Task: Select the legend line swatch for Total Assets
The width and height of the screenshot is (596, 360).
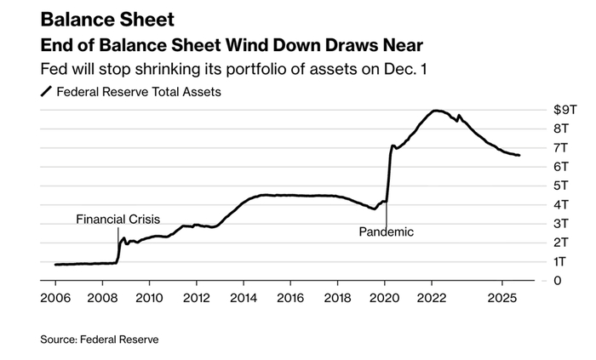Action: [x=46, y=92]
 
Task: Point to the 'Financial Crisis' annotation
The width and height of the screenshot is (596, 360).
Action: [x=117, y=219]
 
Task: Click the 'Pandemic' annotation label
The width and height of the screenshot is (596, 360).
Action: [x=386, y=231]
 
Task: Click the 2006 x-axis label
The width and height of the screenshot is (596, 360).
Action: [x=54, y=299]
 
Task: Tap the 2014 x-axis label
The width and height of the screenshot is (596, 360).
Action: [x=244, y=299]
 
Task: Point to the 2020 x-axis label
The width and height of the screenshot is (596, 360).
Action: [x=384, y=299]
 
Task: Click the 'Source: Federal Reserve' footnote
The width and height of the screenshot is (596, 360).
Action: [x=99, y=339]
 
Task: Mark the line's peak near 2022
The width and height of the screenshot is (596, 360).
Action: [x=436, y=111]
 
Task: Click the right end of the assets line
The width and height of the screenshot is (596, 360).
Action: [x=519, y=155]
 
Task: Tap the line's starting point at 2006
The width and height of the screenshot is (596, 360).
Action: [x=55, y=265]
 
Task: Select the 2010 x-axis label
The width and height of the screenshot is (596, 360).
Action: [x=149, y=299]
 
